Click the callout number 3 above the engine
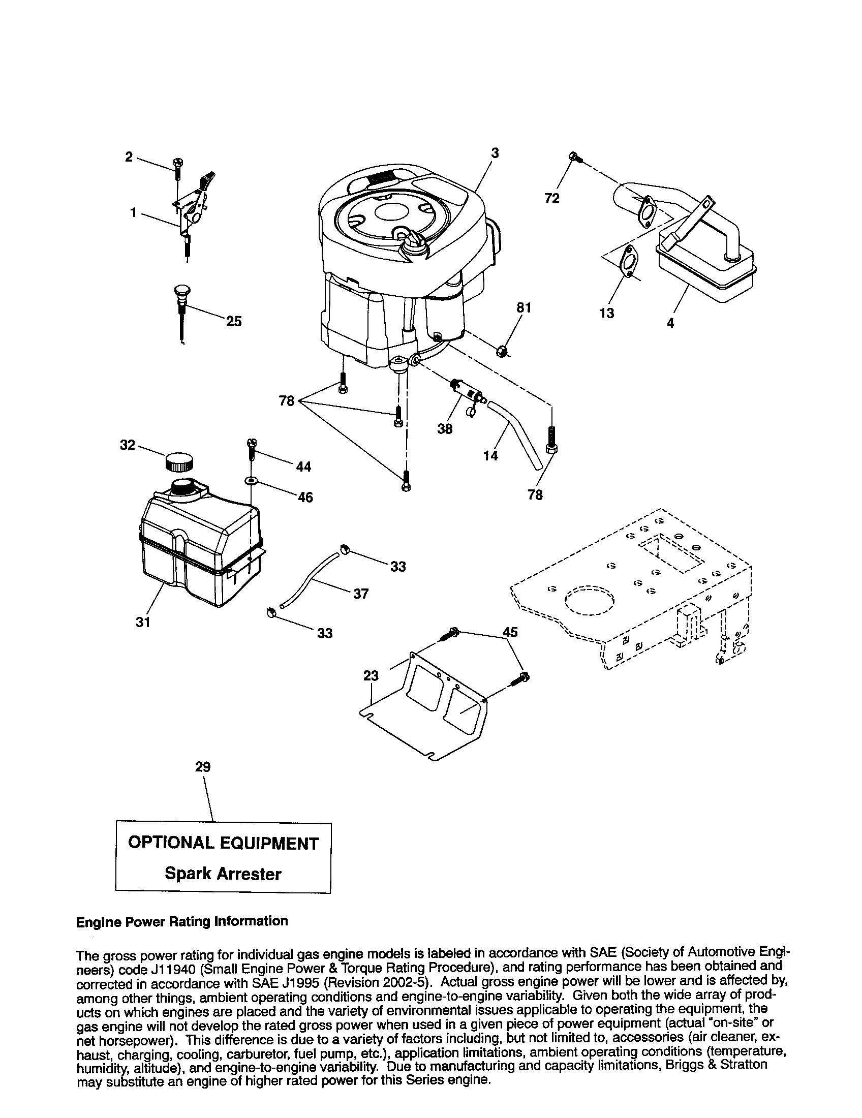pyautogui.click(x=495, y=153)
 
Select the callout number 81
pyautogui.click(x=524, y=307)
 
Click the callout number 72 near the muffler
pyautogui.click(x=552, y=199)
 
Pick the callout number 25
pyautogui.click(x=234, y=322)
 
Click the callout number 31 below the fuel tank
pyautogui.click(x=143, y=622)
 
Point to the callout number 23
pyautogui.click(x=371, y=676)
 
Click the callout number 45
pyautogui.click(x=510, y=632)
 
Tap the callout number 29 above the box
pyautogui.click(x=203, y=767)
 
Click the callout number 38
pyautogui.click(x=445, y=429)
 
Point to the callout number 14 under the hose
pyautogui.click(x=490, y=455)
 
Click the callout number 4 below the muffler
pyautogui.click(x=670, y=323)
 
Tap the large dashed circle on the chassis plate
pyautogui.click(x=590, y=600)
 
